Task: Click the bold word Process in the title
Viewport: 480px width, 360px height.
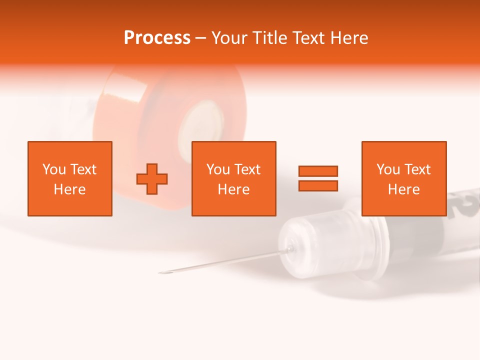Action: [157, 37]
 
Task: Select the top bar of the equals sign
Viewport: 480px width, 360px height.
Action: [318, 171]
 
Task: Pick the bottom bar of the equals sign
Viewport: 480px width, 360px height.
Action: [318, 185]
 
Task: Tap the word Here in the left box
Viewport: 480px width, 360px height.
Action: [69, 189]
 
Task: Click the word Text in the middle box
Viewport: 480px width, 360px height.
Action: [247, 169]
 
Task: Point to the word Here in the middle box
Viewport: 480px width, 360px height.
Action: [234, 189]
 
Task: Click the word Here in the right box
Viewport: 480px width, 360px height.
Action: [403, 189]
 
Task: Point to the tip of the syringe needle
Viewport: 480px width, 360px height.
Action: [161, 272]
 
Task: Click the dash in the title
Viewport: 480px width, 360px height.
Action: [200, 38]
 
